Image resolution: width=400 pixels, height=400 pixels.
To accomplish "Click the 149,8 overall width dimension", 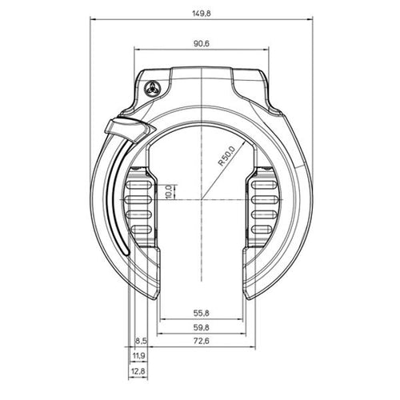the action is pos(202,14).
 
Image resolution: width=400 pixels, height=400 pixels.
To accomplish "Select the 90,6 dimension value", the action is pos(202,43).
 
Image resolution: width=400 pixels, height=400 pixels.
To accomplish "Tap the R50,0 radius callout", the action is pos(226,156).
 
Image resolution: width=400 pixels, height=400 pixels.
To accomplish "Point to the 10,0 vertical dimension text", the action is pos(169,192).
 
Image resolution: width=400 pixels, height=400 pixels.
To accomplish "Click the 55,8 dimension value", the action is pos(202,313).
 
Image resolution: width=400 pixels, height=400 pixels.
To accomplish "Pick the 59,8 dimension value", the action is pos(202,327).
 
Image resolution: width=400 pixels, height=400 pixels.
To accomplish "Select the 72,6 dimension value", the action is pos(202,341).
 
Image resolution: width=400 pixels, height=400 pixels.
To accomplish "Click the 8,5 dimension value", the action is pos(142,341).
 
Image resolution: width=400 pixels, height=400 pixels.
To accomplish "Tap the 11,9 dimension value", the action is pos(138,356).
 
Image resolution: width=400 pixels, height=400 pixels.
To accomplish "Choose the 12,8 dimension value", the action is pos(138,371).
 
